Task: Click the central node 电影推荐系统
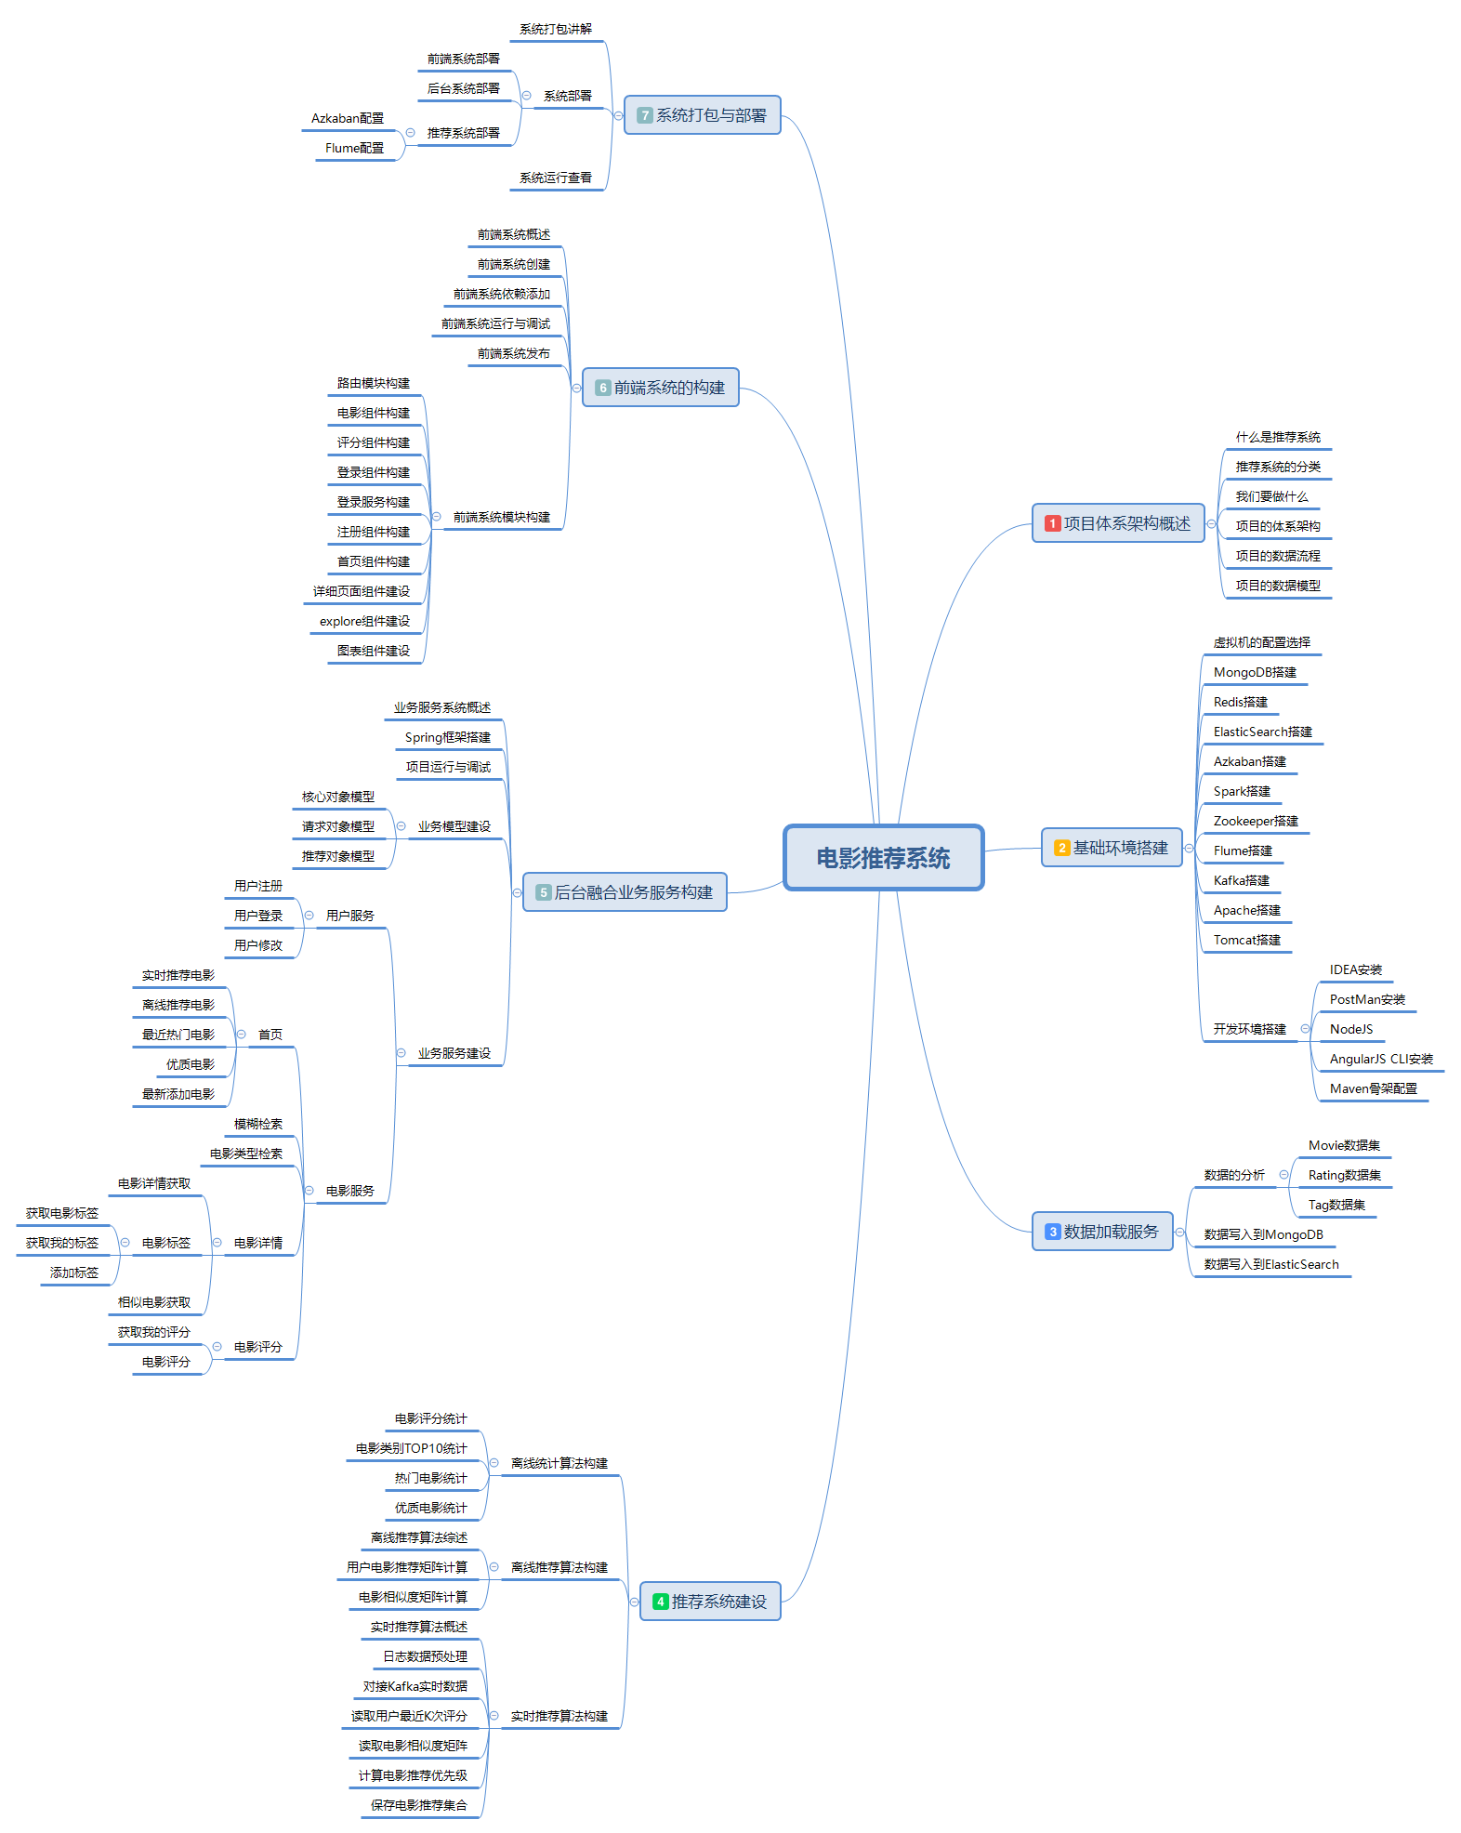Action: tap(883, 858)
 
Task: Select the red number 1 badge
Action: tap(1052, 523)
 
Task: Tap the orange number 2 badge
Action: tap(1061, 848)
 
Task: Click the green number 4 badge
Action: tap(660, 1602)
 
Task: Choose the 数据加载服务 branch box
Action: tap(1102, 1232)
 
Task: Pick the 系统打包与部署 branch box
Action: tap(702, 115)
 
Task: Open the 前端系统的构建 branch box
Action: tap(660, 388)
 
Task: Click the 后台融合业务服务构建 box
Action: tap(625, 892)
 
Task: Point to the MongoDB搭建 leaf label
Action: tap(1255, 672)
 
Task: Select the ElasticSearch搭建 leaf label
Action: tap(1262, 732)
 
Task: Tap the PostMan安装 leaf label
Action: tap(1366, 999)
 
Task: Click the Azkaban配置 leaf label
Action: tap(347, 118)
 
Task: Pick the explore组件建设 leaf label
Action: tap(364, 621)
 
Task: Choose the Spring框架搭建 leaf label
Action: tap(447, 737)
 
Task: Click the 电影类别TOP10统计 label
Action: tap(411, 1448)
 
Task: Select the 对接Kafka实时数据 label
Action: tap(415, 1686)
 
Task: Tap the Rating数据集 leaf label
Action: tap(1344, 1175)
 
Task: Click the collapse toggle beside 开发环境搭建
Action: tap(1305, 1029)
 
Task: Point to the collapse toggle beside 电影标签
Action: tap(125, 1243)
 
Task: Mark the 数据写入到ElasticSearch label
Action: tap(1270, 1264)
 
